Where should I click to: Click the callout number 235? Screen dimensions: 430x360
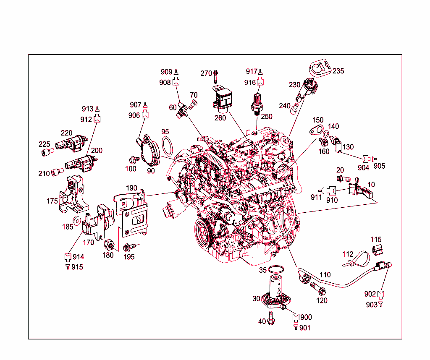338,71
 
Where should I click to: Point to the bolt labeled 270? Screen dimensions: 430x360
215,77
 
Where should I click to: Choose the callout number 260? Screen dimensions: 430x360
220,118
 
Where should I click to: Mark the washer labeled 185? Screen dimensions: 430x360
76,220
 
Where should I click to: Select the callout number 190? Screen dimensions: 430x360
131,188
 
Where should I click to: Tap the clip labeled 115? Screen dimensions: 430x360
378,250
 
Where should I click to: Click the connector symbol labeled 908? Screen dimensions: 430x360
176,82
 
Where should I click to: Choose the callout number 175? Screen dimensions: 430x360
52,201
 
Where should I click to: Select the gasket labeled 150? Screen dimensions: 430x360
316,130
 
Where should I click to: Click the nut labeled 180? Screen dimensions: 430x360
109,244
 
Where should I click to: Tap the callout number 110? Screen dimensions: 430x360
325,274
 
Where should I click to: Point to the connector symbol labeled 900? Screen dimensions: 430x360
296,318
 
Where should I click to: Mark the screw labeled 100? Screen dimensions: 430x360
134,159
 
